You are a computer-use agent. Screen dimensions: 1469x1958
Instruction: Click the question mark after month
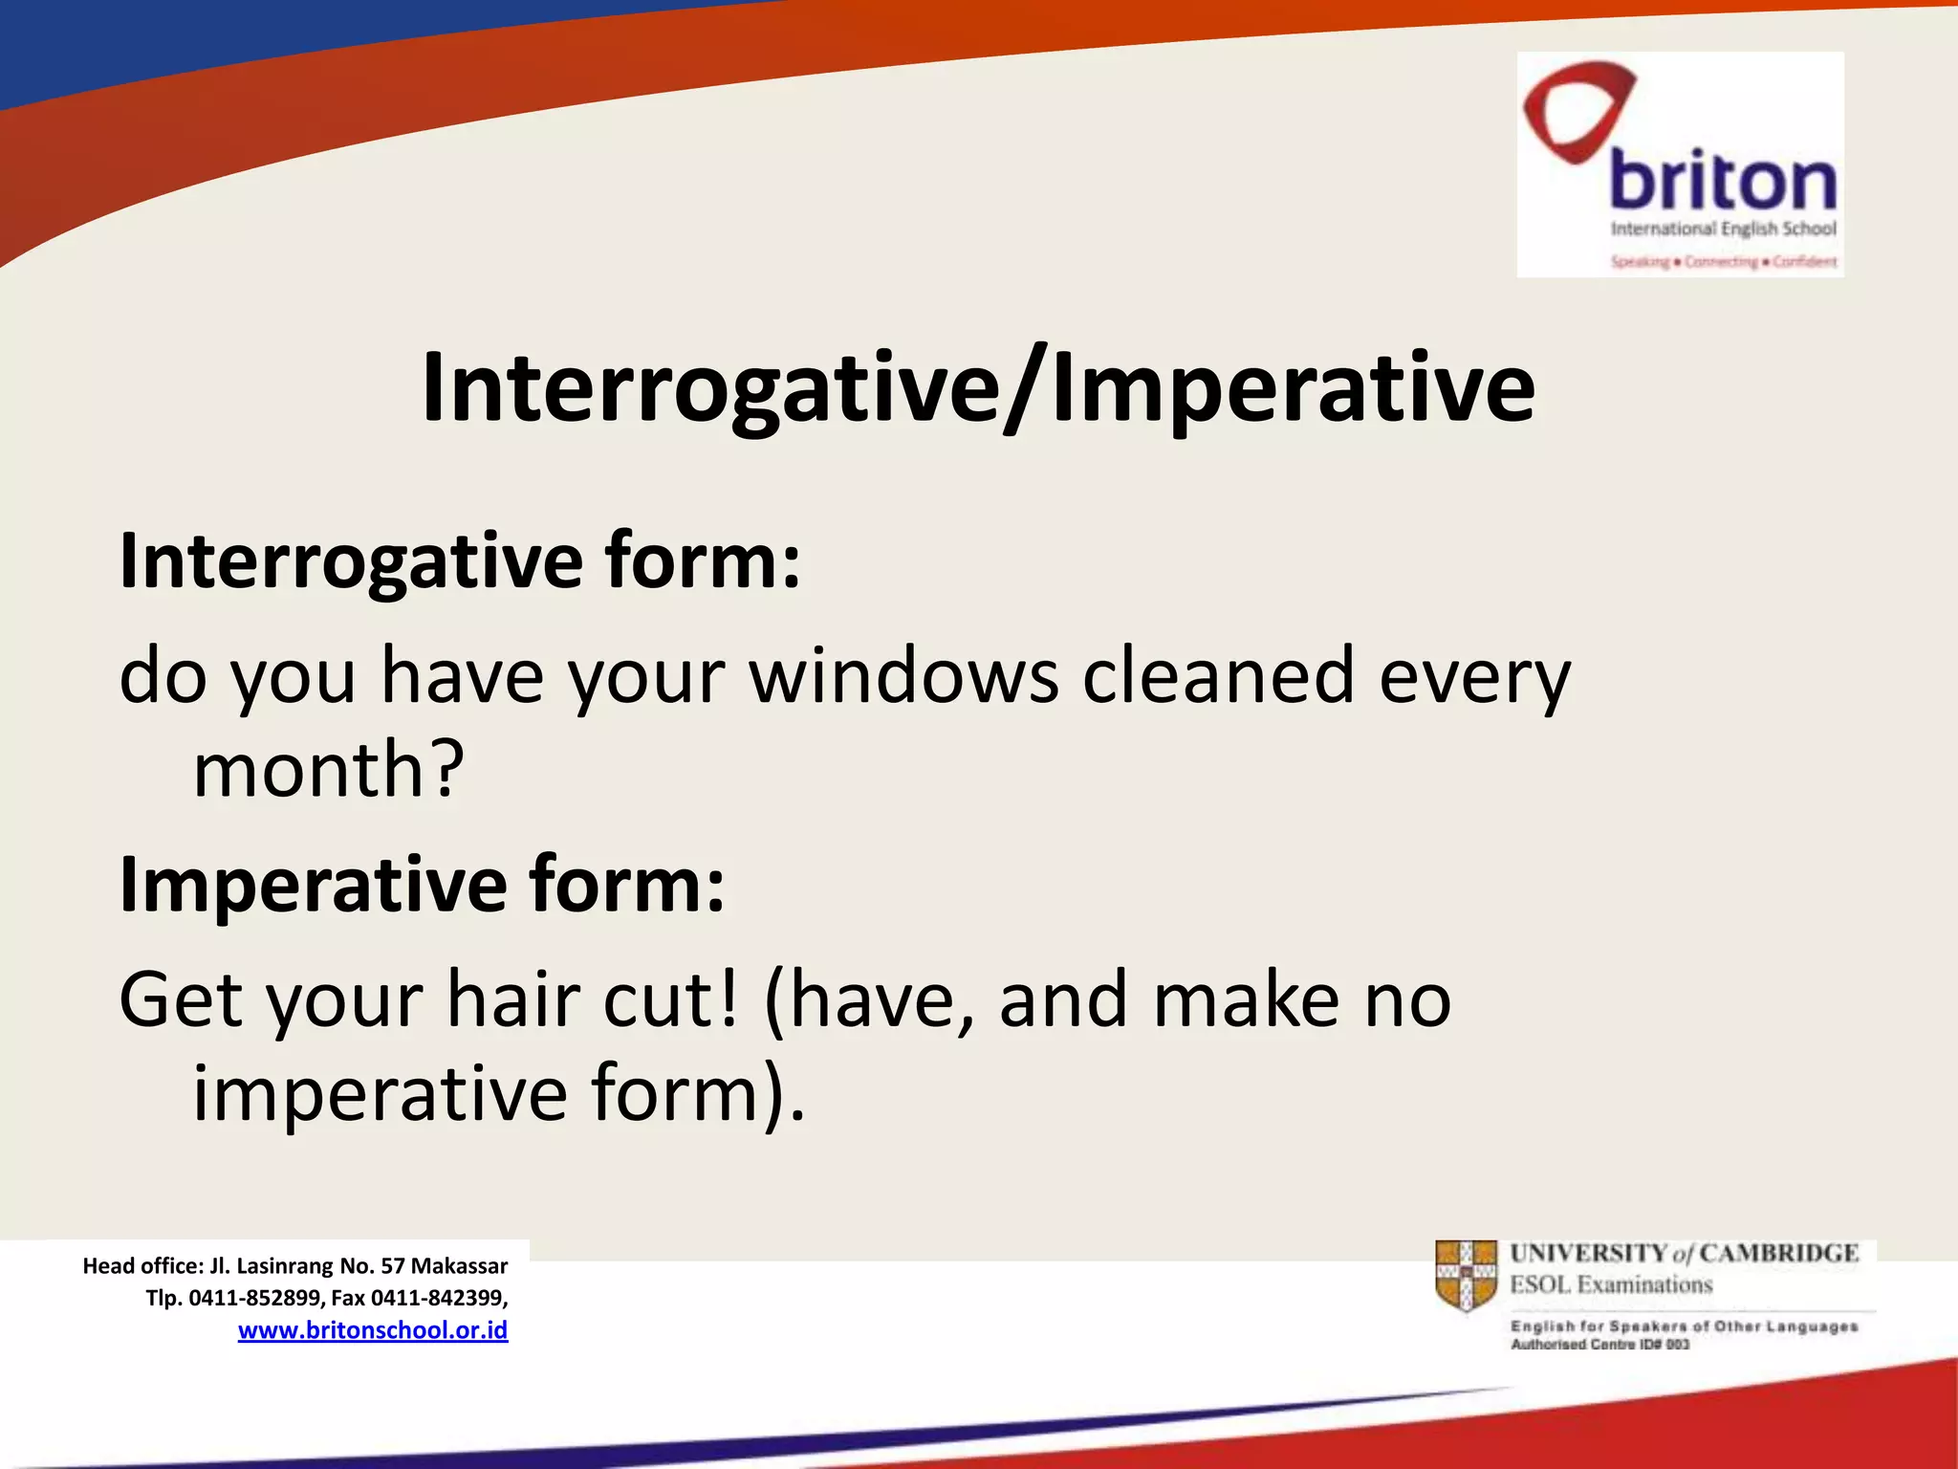(x=446, y=770)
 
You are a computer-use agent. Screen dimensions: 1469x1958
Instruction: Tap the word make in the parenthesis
(x=1246, y=1000)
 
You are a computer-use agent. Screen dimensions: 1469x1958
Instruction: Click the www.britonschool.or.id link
(x=373, y=1330)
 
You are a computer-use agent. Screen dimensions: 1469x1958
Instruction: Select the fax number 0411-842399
(x=438, y=1298)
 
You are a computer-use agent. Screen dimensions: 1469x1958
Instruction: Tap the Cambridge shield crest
(x=1466, y=1276)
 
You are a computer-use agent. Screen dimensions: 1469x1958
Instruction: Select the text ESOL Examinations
(x=1611, y=1285)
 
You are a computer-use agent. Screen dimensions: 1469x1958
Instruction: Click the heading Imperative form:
(x=422, y=886)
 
